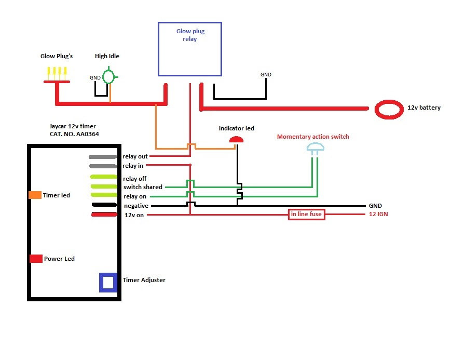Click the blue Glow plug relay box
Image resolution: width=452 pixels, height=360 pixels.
point(190,49)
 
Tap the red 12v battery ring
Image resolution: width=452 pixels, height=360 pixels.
point(389,108)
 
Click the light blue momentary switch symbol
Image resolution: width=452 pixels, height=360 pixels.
point(315,149)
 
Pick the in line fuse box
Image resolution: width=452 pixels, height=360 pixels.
point(307,215)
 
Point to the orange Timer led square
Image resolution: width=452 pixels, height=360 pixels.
point(35,195)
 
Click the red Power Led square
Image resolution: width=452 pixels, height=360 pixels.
point(36,259)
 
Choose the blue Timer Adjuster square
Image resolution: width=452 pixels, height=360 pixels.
point(108,282)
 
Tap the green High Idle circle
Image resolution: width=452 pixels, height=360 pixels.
point(109,77)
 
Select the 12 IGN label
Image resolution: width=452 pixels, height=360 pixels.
point(378,215)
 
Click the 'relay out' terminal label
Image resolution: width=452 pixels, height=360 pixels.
point(135,156)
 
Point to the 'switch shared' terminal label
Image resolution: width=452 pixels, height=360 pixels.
point(143,187)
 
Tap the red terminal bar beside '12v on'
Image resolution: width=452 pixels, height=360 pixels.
point(104,215)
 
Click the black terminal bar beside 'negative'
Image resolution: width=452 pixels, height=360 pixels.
point(104,205)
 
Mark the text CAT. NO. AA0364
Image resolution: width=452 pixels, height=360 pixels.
point(71,134)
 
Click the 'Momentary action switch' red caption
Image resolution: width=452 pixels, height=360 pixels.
point(313,137)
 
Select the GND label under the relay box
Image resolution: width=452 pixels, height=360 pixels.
point(266,75)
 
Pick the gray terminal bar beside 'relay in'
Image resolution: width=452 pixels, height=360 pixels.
point(103,166)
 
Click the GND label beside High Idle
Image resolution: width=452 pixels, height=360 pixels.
point(95,78)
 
